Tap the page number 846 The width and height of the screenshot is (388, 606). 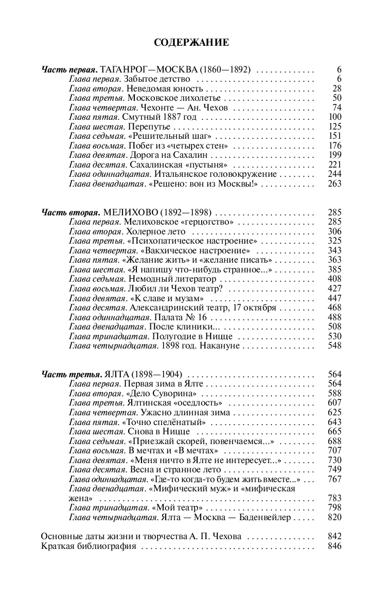[334, 546]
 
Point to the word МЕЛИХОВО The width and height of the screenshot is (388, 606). [130, 212]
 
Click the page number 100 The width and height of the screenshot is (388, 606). [334, 117]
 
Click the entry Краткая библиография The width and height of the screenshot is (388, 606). [89, 546]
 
